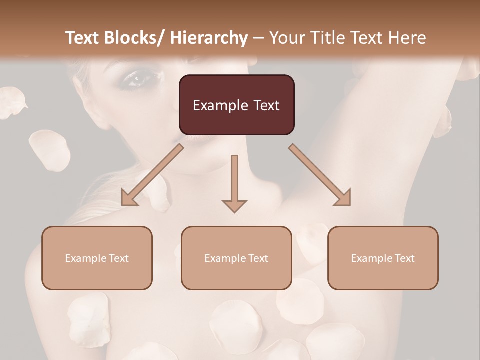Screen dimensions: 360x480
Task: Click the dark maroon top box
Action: pyautogui.click(x=236, y=105)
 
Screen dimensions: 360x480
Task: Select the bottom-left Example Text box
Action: pyautogui.click(x=97, y=258)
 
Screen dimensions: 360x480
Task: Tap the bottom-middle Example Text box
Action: pyautogui.click(x=236, y=258)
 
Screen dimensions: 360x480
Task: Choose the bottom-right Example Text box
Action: pyautogui.click(x=383, y=258)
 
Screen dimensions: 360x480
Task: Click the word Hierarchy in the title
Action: pyautogui.click(x=208, y=38)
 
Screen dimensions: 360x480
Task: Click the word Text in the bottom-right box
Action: pyautogui.click(x=404, y=258)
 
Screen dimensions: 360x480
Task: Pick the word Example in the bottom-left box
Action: pyautogui.click(x=85, y=258)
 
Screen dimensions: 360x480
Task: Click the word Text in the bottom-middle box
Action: pyautogui.click(x=258, y=258)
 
